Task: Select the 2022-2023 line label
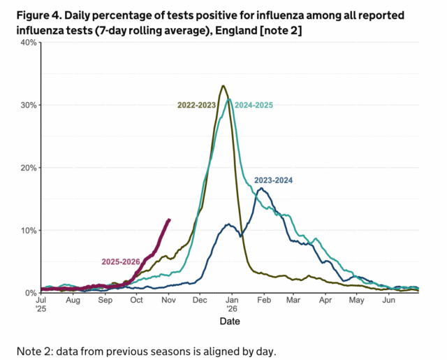tap(196, 105)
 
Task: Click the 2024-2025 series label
tap(254, 105)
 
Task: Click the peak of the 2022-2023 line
tap(223, 86)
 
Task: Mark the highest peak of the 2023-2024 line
tap(261, 188)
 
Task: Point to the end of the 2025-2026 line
tap(169, 219)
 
